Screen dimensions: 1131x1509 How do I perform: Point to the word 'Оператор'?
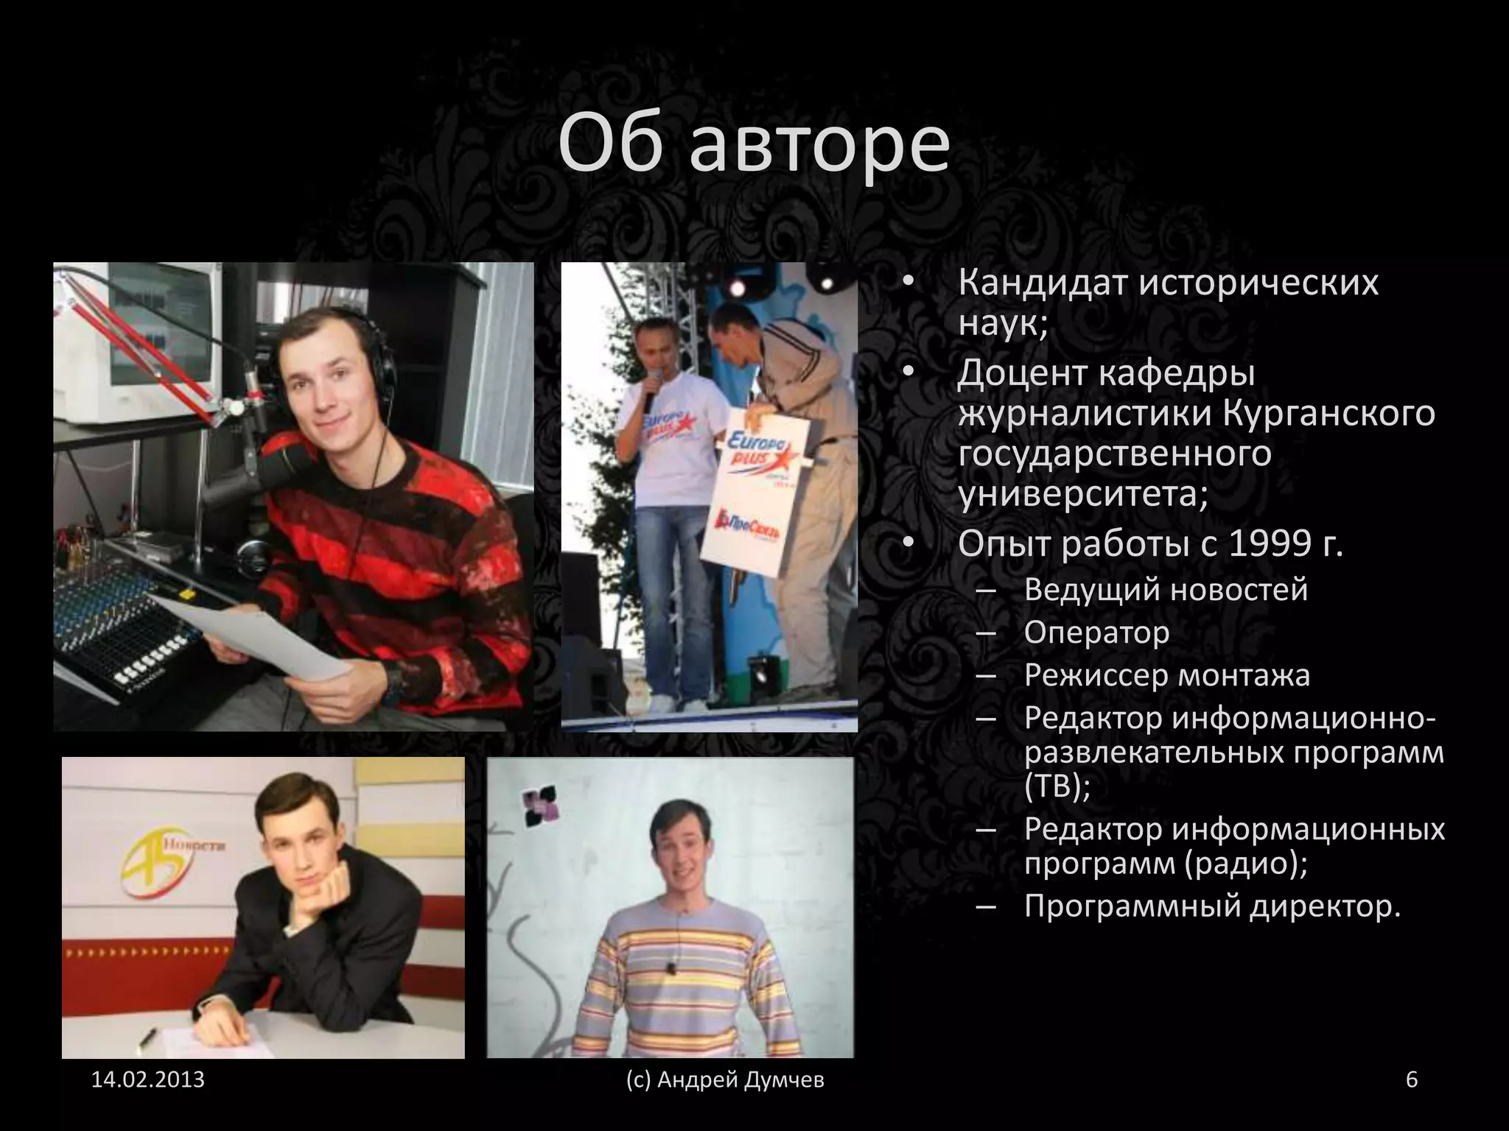pos(1096,632)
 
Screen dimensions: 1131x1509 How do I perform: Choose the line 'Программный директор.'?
pos(1212,906)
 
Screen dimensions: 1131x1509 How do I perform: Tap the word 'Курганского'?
pos(1330,413)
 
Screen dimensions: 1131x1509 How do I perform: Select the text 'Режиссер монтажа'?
pos(1167,674)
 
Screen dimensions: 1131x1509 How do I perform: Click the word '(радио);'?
pos(1247,862)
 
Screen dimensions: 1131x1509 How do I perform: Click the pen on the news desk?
pos(147,1039)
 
